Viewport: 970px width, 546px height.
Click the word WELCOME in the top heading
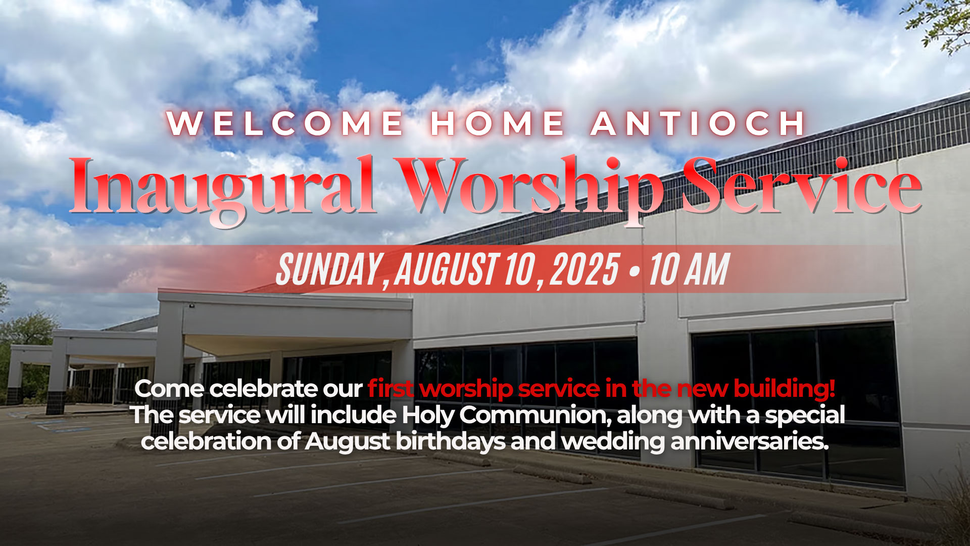tap(285, 123)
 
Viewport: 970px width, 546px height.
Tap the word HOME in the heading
tap(498, 123)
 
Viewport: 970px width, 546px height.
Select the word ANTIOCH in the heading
tap(698, 123)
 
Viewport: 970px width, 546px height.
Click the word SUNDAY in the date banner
tap(329, 269)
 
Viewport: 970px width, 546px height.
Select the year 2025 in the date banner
tap(584, 269)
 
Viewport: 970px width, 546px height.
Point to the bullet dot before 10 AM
tap(634, 271)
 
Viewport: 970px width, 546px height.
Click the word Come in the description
tap(169, 389)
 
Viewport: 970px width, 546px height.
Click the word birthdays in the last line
tap(450, 442)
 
